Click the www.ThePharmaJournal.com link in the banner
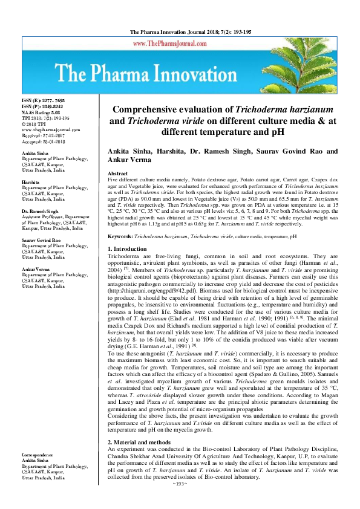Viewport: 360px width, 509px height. click(x=176, y=44)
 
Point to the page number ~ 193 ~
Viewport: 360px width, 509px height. click(x=180, y=501)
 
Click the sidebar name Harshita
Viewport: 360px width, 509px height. click(x=30, y=181)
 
